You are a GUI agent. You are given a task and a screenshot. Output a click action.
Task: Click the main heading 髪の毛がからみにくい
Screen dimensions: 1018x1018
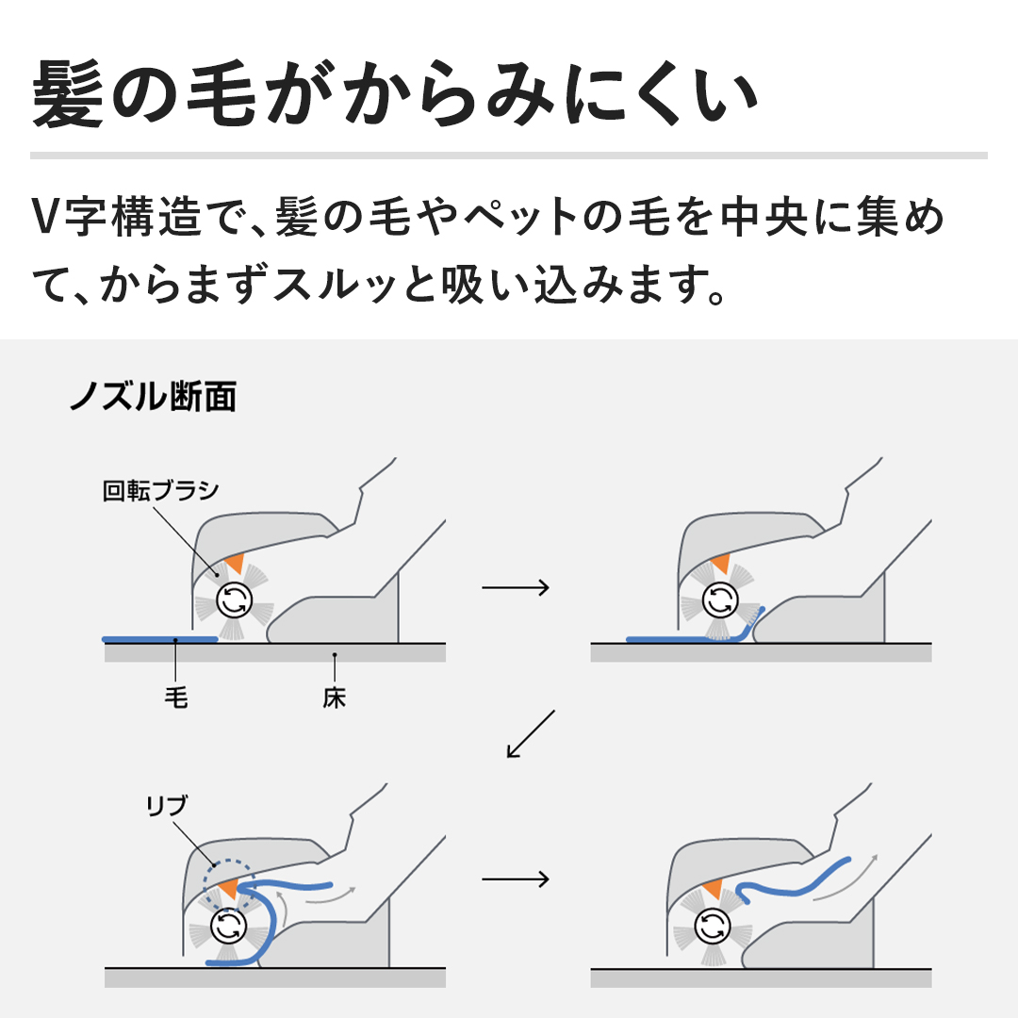394,92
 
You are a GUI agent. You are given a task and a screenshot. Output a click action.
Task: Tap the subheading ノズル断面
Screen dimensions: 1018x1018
154,396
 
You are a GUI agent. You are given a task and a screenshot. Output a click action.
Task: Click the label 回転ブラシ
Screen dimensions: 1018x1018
160,490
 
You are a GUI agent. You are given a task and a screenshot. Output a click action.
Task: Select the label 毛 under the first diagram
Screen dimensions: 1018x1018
176,698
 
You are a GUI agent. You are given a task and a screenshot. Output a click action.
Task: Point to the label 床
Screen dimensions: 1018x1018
335,698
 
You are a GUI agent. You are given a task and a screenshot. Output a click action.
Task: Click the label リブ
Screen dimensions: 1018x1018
166,806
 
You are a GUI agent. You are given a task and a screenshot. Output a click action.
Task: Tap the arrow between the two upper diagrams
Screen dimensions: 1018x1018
516,587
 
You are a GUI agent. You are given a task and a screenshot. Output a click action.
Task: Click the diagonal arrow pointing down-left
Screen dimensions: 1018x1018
531,733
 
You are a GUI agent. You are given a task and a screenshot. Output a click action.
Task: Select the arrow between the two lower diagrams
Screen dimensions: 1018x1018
516,879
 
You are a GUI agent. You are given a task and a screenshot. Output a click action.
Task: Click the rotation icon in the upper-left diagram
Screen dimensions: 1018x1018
234,599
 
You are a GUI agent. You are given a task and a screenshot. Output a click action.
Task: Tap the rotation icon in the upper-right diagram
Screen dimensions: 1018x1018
720,599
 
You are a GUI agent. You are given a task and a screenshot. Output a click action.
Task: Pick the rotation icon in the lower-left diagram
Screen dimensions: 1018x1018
228,926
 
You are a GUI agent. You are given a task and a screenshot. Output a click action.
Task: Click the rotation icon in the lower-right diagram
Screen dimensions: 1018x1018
713,926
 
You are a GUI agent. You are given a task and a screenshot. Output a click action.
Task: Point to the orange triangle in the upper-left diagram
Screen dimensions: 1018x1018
235,562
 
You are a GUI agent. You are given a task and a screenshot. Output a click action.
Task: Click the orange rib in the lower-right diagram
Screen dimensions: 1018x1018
712,888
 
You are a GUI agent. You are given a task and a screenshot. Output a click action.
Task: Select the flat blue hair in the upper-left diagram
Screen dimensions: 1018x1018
159,639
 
